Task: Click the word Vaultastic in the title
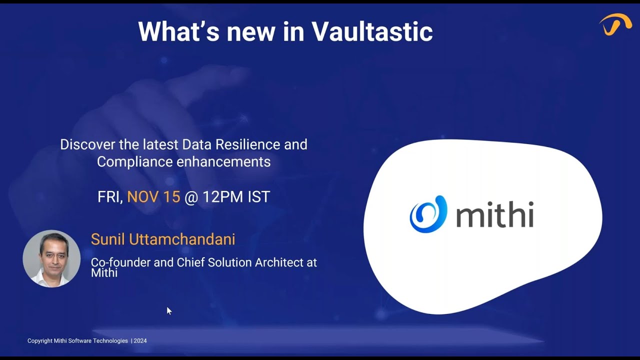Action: click(372, 31)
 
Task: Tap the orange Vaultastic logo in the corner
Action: click(615, 24)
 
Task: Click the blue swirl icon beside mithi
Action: click(428, 214)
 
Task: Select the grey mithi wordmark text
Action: click(494, 214)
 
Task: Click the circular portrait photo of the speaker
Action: click(51, 258)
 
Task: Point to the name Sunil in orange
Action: click(108, 239)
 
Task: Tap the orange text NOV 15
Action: click(153, 197)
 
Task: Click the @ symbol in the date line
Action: click(191, 197)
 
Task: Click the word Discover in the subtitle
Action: click(87, 144)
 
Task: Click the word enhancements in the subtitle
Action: click(223, 161)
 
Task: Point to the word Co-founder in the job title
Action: click(120, 262)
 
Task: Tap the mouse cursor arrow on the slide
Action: click(169, 310)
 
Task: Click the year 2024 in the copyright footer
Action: click(140, 341)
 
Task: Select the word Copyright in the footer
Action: click(40, 341)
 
